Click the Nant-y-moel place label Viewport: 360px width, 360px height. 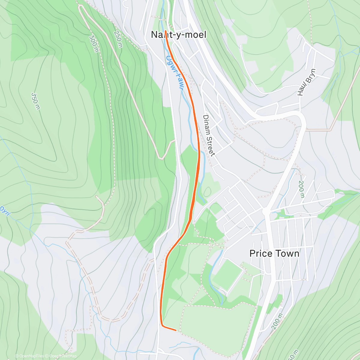click(179, 35)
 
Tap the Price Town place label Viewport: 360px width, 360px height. click(274, 253)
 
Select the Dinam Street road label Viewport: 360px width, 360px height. click(209, 135)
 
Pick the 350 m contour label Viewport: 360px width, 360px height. click(35, 101)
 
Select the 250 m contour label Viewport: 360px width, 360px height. click(118, 39)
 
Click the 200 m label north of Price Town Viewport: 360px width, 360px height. click(301, 190)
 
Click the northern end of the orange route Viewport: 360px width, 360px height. click(165, 31)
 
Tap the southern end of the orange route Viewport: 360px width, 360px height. click(176, 330)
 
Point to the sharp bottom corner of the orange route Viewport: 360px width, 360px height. click(162, 325)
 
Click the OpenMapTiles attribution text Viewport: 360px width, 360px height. click(29, 356)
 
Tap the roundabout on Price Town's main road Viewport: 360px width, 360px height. click(266, 211)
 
